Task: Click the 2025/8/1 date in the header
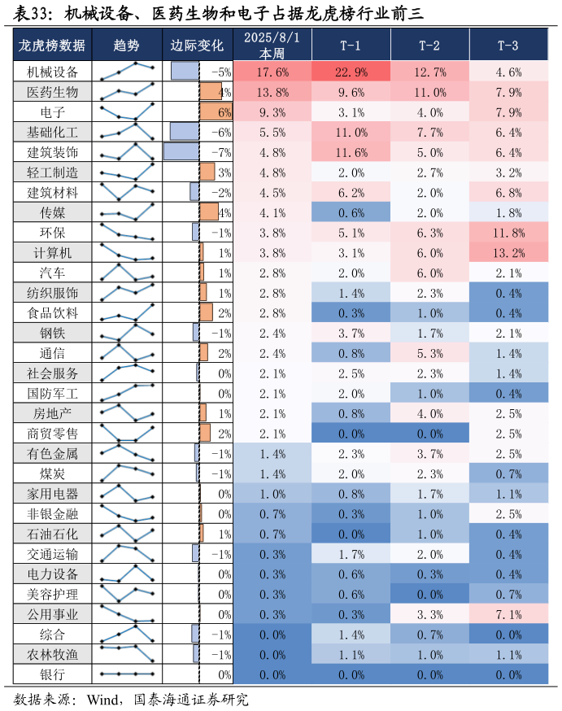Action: (x=272, y=37)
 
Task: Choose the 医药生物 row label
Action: (x=52, y=92)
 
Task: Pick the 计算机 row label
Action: (x=52, y=253)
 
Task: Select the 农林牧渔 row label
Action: (x=52, y=653)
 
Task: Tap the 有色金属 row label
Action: (x=52, y=453)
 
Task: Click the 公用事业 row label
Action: (x=52, y=614)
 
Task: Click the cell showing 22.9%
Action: (x=351, y=72)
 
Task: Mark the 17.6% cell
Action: (x=272, y=72)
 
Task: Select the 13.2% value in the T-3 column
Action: (x=508, y=252)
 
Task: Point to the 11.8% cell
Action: (x=508, y=233)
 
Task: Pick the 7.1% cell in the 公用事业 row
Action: (x=508, y=613)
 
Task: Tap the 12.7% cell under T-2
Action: (x=429, y=72)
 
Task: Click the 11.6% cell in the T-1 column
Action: (x=351, y=152)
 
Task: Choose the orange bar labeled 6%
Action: (x=216, y=112)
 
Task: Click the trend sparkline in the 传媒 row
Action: (x=127, y=212)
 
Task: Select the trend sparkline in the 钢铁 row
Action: (x=127, y=333)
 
